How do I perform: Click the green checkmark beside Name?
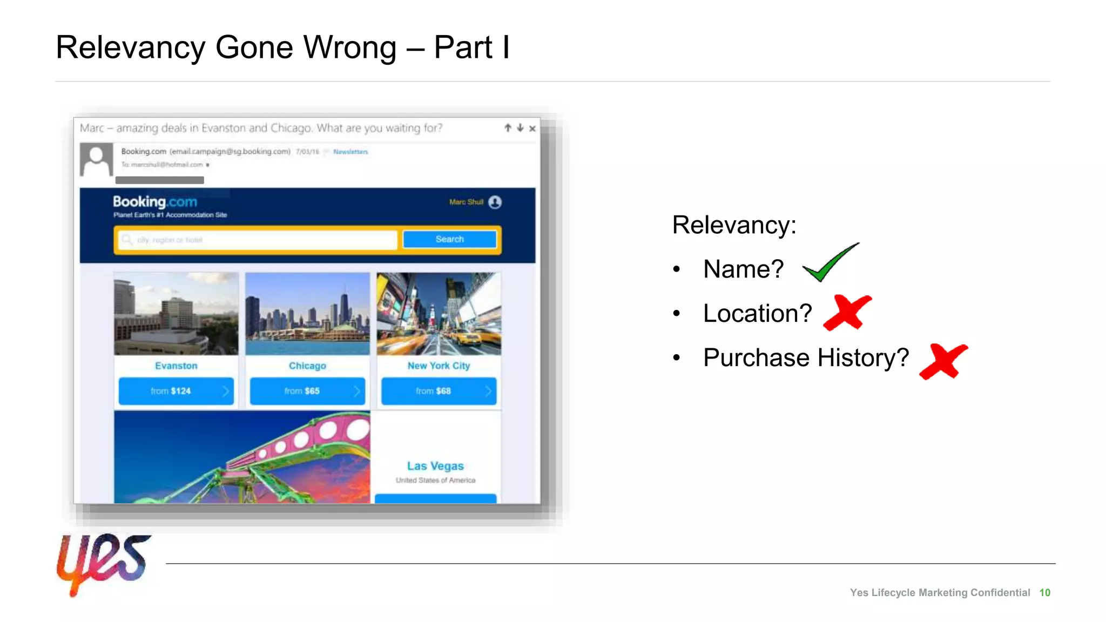(x=829, y=263)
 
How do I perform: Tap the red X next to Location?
(x=847, y=312)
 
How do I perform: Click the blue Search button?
(x=449, y=239)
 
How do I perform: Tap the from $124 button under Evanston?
(x=176, y=391)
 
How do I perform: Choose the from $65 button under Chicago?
(x=307, y=391)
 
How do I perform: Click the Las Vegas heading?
(x=435, y=466)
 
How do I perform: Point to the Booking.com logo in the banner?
(x=155, y=202)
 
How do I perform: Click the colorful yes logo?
(x=103, y=563)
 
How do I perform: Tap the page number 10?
(x=1044, y=593)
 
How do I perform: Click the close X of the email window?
(x=532, y=129)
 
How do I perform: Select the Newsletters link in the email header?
(x=350, y=152)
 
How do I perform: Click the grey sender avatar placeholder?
(x=96, y=159)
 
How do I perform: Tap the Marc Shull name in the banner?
(x=466, y=202)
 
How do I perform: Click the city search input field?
(x=259, y=240)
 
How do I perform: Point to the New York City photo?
(x=439, y=314)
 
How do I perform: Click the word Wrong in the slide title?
(x=349, y=48)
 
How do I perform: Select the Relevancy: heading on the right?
(x=734, y=225)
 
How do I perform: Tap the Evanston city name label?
(x=176, y=366)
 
